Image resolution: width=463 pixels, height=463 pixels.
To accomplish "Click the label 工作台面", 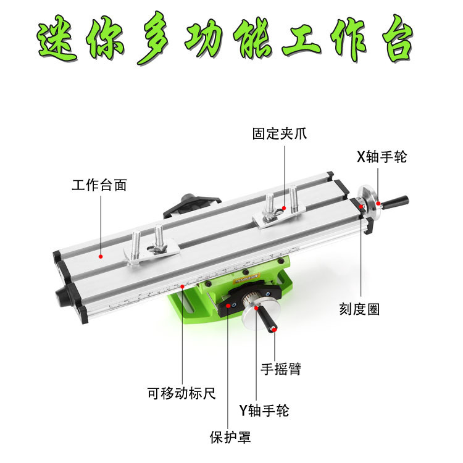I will tap(99, 185).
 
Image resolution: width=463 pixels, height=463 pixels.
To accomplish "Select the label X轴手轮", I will tap(382, 157).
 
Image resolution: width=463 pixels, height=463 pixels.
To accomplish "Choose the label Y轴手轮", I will tap(264, 410).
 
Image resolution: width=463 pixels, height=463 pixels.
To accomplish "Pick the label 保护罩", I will tap(230, 438).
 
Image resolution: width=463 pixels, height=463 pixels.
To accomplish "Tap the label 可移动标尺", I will tap(182, 393).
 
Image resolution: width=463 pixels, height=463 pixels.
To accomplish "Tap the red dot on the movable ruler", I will tap(183, 286).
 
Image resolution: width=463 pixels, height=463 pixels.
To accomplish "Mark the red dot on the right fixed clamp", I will tap(284, 208).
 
